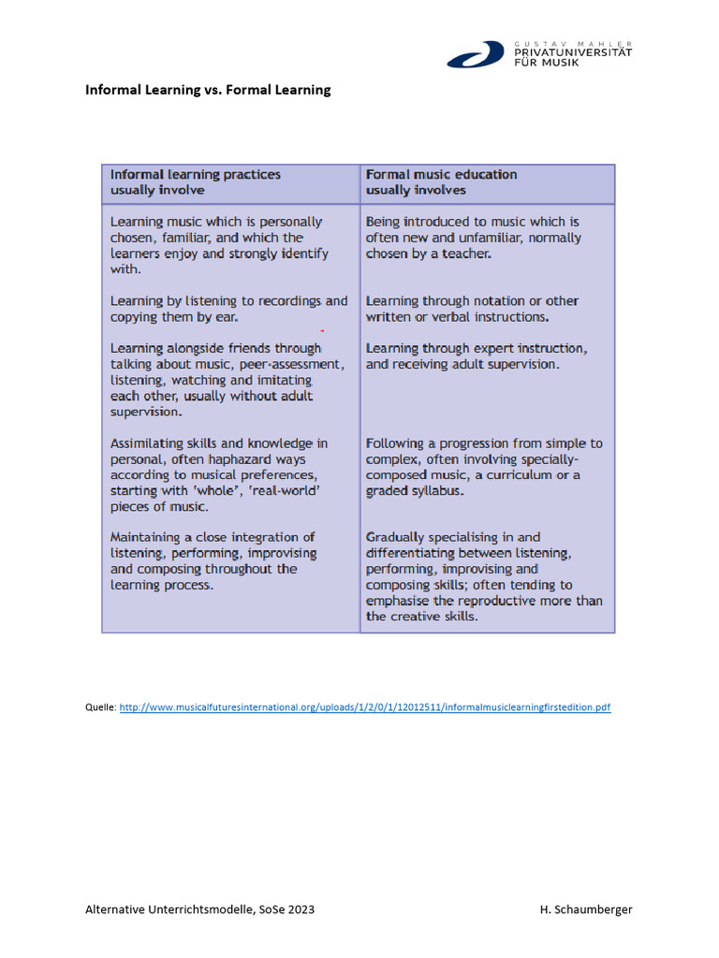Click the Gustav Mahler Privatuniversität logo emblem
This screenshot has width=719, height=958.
(477, 54)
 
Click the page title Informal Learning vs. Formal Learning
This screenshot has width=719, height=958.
(208, 90)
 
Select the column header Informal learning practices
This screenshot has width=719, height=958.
(196, 174)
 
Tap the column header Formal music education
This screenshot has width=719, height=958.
(441, 174)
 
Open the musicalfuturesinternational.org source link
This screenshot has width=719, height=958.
(365, 708)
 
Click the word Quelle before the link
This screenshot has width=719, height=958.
(100, 708)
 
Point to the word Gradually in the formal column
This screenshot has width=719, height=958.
(396, 538)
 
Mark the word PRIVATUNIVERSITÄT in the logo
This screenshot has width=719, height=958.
(573, 52)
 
